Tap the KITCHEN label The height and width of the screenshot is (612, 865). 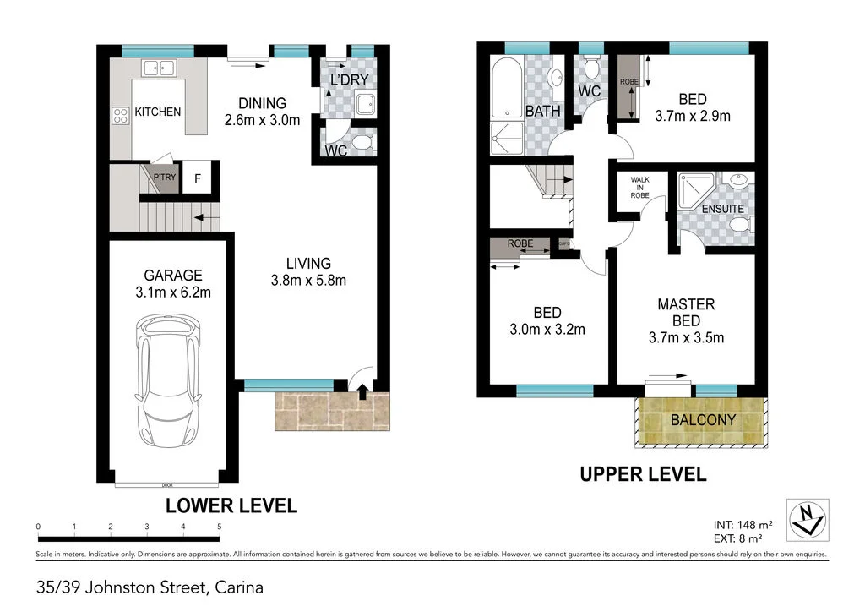pos(158,112)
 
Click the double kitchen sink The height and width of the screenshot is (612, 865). pos(157,68)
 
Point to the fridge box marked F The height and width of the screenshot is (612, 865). pos(198,178)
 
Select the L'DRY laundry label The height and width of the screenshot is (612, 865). pos(349,81)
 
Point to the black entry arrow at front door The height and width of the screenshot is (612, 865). pos(364,391)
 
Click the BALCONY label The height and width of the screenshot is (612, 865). pos(703,420)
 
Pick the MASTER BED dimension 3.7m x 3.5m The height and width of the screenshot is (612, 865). pos(685,338)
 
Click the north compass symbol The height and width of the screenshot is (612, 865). pos(806,519)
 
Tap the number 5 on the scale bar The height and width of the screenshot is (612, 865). pos(220,527)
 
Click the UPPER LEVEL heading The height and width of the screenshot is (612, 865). pos(642,475)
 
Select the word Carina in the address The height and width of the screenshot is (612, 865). pos(241,587)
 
